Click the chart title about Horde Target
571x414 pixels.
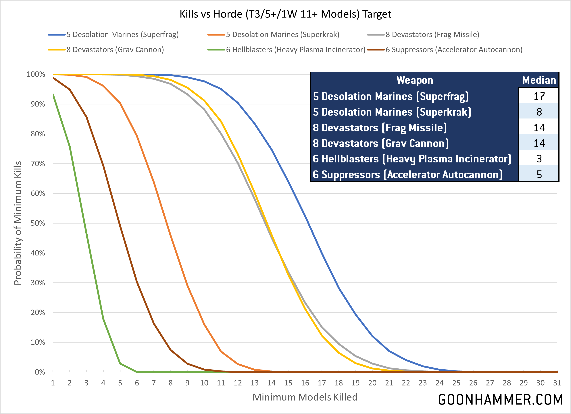[285, 14]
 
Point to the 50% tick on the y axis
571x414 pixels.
[38, 223]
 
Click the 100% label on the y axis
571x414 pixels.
[36, 74]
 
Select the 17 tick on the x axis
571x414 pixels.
[322, 383]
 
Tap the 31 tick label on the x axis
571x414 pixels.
[557, 383]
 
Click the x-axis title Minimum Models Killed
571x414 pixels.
[305, 397]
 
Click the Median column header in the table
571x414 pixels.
[539, 80]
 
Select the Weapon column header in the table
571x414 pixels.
[415, 80]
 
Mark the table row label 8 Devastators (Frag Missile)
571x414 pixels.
[380, 128]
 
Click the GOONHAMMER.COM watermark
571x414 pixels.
[500, 400]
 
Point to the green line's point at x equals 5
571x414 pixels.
[120, 364]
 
